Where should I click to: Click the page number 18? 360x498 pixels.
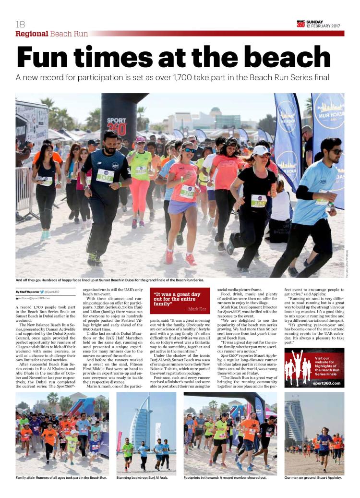(x=20, y=24)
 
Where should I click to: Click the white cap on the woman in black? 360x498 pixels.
(x=261, y=150)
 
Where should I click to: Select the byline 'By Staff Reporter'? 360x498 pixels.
(x=27, y=292)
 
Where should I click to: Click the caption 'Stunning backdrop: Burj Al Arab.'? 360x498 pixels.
(x=142, y=478)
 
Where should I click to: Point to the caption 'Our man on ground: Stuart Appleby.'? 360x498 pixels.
(x=313, y=478)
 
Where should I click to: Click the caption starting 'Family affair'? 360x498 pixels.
(x=61, y=478)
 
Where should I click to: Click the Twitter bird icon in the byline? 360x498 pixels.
(x=42, y=292)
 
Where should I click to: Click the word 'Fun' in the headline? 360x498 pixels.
(x=47, y=57)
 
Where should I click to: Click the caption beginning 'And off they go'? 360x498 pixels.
(x=110, y=279)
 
